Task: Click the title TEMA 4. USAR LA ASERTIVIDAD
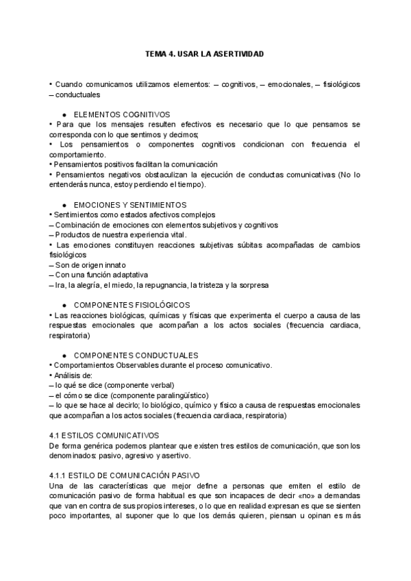point(205,53)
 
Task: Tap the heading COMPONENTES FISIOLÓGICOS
point(132,305)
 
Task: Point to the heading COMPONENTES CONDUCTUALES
point(136,355)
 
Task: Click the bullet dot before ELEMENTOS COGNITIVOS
point(64,114)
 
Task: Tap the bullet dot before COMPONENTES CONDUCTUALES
point(64,355)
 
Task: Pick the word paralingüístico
point(179,395)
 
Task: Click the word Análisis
point(68,375)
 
